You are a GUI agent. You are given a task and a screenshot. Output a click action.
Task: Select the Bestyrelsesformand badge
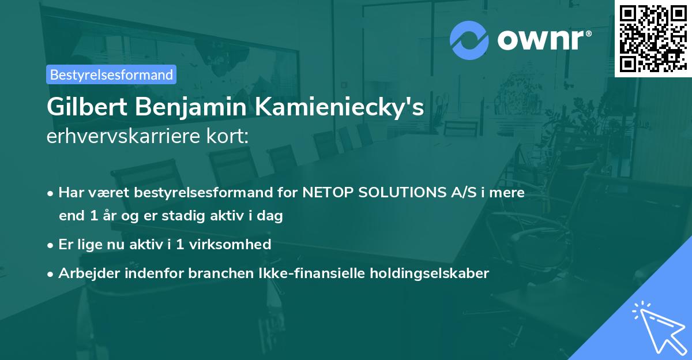tap(111, 74)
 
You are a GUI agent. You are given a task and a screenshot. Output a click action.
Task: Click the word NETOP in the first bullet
tap(327, 192)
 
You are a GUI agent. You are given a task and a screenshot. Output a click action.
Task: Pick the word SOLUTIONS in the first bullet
tap(404, 192)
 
